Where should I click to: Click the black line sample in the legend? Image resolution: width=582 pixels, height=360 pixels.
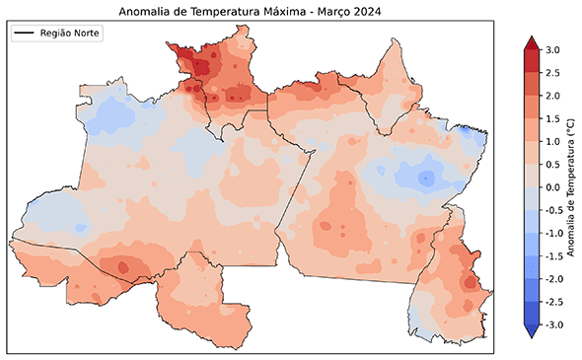(x=25, y=34)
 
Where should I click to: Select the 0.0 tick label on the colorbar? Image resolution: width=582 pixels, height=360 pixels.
(x=552, y=187)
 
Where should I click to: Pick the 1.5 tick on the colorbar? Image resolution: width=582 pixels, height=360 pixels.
(x=552, y=118)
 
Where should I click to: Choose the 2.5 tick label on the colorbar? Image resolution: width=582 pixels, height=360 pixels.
(x=552, y=73)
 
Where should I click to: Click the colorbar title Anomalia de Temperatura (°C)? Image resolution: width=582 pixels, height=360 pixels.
(x=571, y=186)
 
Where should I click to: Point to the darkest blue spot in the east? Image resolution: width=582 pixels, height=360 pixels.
(x=425, y=179)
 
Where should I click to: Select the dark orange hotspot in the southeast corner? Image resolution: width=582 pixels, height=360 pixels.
(x=471, y=280)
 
